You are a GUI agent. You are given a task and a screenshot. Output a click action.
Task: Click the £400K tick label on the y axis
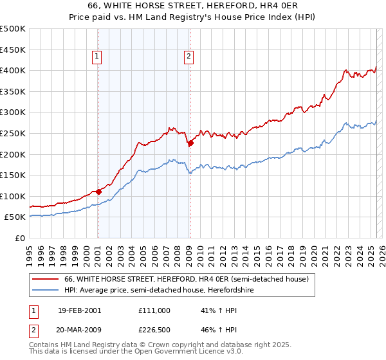pyautogui.click(x=13, y=70)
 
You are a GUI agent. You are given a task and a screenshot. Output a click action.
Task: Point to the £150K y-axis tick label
pyautogui.click(x=13, y=175)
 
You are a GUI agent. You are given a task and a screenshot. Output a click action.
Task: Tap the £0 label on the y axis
pyautogui.click(x=21, y=238)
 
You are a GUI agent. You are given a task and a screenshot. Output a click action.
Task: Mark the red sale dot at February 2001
pyautogui.click(x=98, y=191)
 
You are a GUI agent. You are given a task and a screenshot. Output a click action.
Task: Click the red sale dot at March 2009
pyautogui.click(x=190, y=143)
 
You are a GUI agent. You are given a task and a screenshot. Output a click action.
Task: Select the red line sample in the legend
pyautogui.click(x=46, y=279)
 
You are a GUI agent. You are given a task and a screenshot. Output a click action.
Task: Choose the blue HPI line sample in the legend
pyautogui.click(x=46, y=290)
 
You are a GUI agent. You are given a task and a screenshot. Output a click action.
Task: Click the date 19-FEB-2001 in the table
pyautogui.click(x=79, y=310)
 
